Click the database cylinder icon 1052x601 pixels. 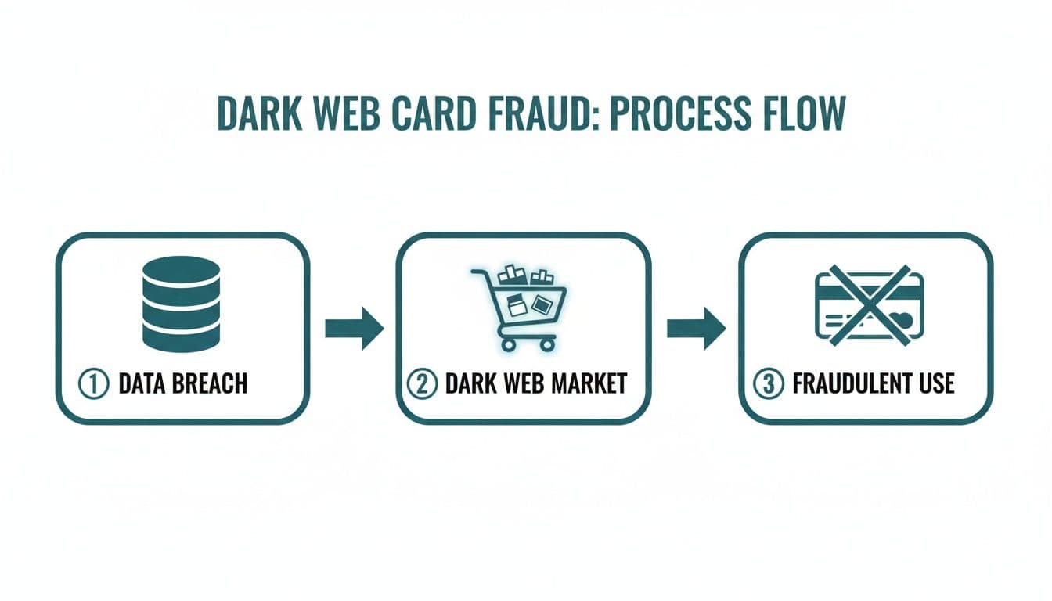tap(182, 304)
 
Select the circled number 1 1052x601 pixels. tap(92, 383)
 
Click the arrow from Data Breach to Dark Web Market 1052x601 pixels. tap(354, 328)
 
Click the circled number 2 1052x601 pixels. tap(423, 383)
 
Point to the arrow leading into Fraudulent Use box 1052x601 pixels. tap(696, 328)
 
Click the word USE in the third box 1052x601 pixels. tap(935, 383)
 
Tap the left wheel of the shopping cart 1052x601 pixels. tap(507, 344)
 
